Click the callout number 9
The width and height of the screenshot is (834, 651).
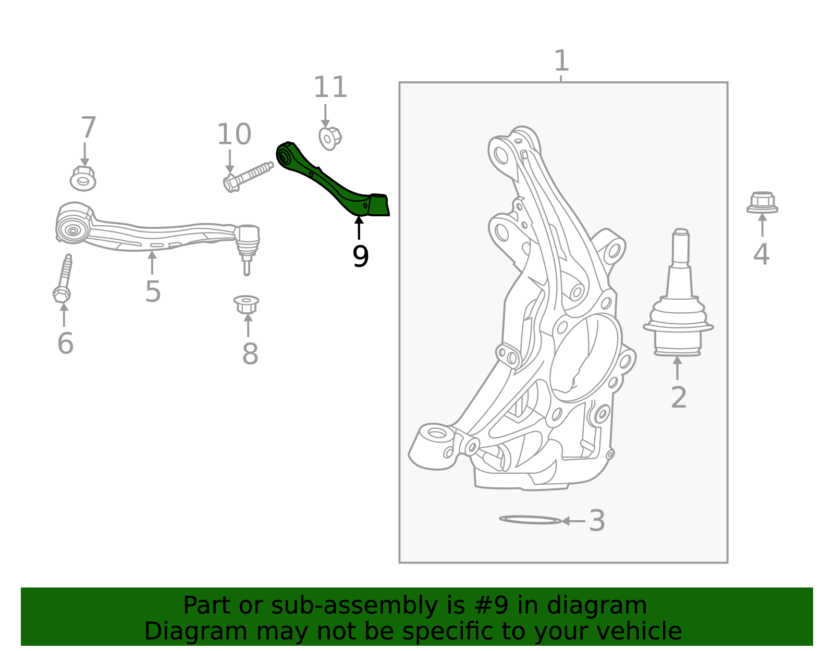pyautogui.click(x=360, y=256)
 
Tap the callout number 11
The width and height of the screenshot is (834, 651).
pyautogui.click(x=330, y=88)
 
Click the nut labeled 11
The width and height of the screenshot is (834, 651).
pyautogui.click(x=329, y=138)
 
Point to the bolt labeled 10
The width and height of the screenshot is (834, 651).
pyautogui.click(x=247, y=176)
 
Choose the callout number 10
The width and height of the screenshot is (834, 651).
pyautogui.click(x=234, y=134)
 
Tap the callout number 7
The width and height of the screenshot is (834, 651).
pyautogui.click(x=88, y=128)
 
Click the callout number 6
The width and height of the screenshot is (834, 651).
pyautogui.click(x=65, y=343)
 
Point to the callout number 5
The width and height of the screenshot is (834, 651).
pyautogui.click(x=153, y=291)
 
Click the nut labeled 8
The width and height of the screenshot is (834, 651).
pyautogui.click(x=247, y=304)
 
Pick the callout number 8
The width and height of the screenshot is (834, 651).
pyautogui.click(x=250, y=354)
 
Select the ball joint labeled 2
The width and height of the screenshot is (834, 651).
pyautogui.click(x=678, y=302)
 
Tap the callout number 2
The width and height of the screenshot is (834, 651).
pyautogui.click(x=678, y=398)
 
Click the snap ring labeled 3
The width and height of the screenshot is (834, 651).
pyautogui.click(x=530, y=520)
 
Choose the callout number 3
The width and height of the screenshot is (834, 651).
pyautogui.click(x=597, y=521)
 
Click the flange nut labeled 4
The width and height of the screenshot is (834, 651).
pyautogui.click(x=762, y=203)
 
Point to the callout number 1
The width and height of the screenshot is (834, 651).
pyautogui.click(x=561, y=61)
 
